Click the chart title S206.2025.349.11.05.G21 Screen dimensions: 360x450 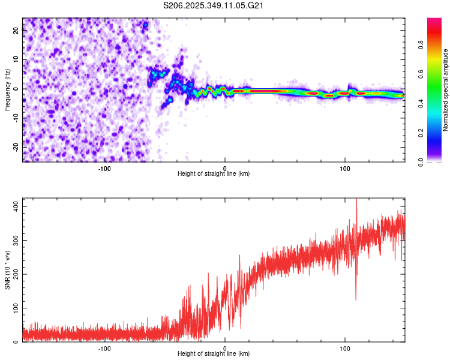(x=214, y=6)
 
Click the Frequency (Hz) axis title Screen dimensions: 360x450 (x=8, y=90)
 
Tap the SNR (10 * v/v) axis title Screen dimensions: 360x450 (x=8, y=270)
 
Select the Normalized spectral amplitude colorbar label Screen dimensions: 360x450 (x=445, y=90)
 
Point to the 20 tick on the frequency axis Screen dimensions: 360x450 (x=17, y=31)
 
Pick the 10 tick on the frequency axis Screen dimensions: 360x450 (x=17, y=60)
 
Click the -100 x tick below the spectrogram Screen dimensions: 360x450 (x=105, y=169)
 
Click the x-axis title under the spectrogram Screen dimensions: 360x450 (x=214, y=174)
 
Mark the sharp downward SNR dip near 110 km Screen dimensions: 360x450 (x=356, y=299)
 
